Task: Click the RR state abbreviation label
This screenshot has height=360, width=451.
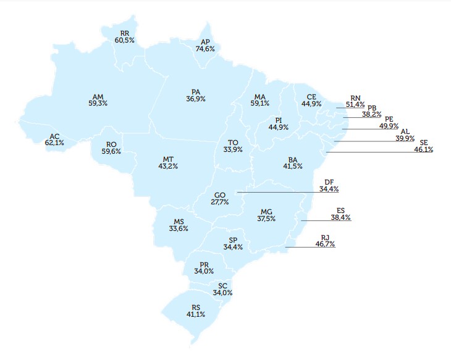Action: (x=124, y=33)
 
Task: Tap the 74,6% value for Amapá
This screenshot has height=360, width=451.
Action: (x=205, y=48)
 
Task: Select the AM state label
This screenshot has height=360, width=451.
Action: (x=98, y=96)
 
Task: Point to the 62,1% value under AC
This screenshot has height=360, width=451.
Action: (x=54, y=143)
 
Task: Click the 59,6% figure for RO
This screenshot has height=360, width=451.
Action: (x=111, y=151)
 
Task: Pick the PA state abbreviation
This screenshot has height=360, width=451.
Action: (x=195, y=91)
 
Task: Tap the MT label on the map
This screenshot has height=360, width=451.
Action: (x=168, y=159)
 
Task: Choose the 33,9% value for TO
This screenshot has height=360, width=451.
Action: (x=234, y=149)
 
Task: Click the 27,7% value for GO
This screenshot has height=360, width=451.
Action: (x=219, y=202)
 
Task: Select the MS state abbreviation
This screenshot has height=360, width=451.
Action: (x=178, y=222)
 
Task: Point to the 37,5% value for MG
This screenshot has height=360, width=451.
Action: (x=266, y=218)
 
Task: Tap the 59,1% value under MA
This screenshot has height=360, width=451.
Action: (x=259, y=104)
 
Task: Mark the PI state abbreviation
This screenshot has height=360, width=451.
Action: (x=279, y=120)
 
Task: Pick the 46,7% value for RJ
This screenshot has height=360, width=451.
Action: (x=326, y=245)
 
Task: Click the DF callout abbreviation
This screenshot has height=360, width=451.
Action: (x=329, y=182)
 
